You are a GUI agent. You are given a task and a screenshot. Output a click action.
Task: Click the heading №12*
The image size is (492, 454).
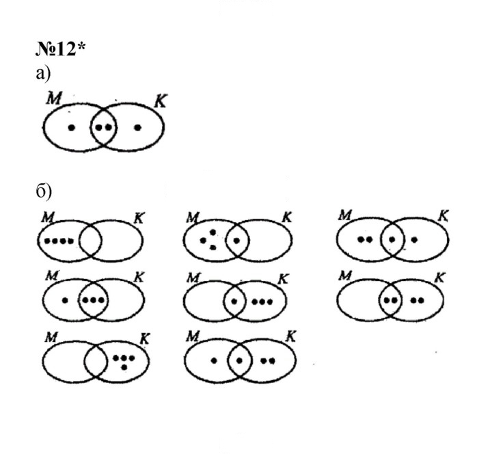click(x=61, y=49)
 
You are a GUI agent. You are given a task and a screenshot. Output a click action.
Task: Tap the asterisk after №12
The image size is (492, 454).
click(x=81, y=46)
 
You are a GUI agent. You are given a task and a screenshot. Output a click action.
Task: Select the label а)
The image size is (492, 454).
click(x=43, y=74)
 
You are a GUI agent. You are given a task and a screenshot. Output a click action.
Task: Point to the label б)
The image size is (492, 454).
click(x=44, y=191)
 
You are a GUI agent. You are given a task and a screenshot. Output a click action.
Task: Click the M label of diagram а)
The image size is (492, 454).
click(x=54, y=98)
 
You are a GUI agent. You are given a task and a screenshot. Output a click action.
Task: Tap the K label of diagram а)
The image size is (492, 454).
click(x=161, y=101)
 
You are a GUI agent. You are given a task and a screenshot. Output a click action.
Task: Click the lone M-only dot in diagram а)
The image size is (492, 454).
click(x=72, y=127)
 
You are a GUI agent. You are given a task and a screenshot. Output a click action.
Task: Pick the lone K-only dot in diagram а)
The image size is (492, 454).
click(x=138, y=127)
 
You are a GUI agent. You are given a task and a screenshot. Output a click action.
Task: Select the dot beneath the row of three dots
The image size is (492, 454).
click(x=124, y=366)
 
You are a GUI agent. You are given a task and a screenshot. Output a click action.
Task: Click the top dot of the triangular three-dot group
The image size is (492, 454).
click(x=213, y=232)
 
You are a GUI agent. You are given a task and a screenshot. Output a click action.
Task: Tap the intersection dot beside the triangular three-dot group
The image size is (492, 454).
click(x=237, y=241)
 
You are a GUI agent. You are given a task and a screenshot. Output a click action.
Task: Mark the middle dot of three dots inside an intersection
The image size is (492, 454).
click(x=93, y=300)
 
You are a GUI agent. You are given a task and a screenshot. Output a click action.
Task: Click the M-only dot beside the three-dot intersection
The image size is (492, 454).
click(x=65, y=300)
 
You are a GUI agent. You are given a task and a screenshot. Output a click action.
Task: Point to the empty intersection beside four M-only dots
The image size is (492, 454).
click(x=90, y=241)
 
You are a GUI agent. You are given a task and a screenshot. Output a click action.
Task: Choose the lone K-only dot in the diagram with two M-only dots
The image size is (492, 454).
click(x=414, y=240)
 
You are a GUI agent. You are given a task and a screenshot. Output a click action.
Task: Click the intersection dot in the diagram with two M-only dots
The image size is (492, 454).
click(x=392, y=239)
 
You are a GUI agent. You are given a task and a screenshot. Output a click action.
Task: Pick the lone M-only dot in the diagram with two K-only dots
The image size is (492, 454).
click(x=214, y=361)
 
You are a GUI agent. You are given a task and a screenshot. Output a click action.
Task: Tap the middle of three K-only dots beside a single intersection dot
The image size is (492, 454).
click(x=262, y=302)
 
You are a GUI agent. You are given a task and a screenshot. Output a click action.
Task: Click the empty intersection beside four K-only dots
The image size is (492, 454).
click(x=96, y=360)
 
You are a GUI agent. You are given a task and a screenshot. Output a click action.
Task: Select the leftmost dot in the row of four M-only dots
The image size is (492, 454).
click(x=47, y=241)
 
